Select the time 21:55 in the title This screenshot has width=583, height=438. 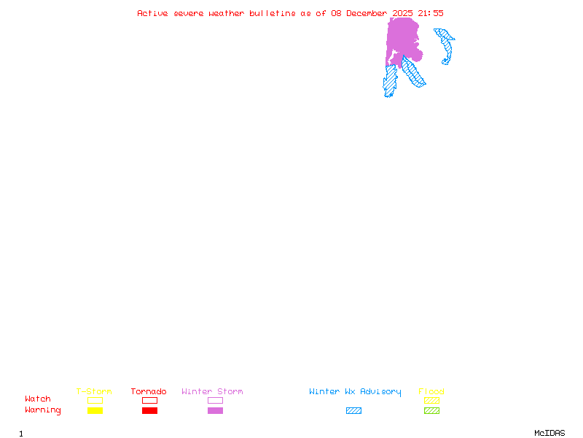[429, 13]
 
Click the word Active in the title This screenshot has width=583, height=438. [153, 13]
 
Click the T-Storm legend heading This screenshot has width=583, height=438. [94, 392]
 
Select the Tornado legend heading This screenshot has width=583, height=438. [149, 392]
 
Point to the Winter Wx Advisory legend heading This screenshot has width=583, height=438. [355, 392]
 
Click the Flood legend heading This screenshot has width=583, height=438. [431, 392]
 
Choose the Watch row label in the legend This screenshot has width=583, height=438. [38, 399]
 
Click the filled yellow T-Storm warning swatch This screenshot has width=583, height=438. [95, 411]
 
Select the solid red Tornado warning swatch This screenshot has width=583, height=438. [149, 411]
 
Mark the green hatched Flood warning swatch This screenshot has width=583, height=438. [431, 411]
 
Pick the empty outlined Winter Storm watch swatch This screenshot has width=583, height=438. [215, 401]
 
